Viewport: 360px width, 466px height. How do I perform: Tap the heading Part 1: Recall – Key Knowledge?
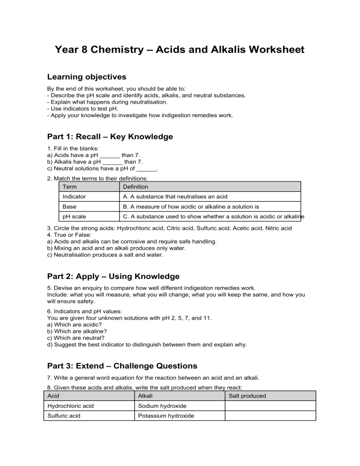click(110, 137)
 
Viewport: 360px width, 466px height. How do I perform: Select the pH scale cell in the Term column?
click(74, 217)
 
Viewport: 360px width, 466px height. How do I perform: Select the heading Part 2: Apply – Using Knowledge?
click(113, 277)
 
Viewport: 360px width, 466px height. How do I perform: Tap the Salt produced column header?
click(247, 396)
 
